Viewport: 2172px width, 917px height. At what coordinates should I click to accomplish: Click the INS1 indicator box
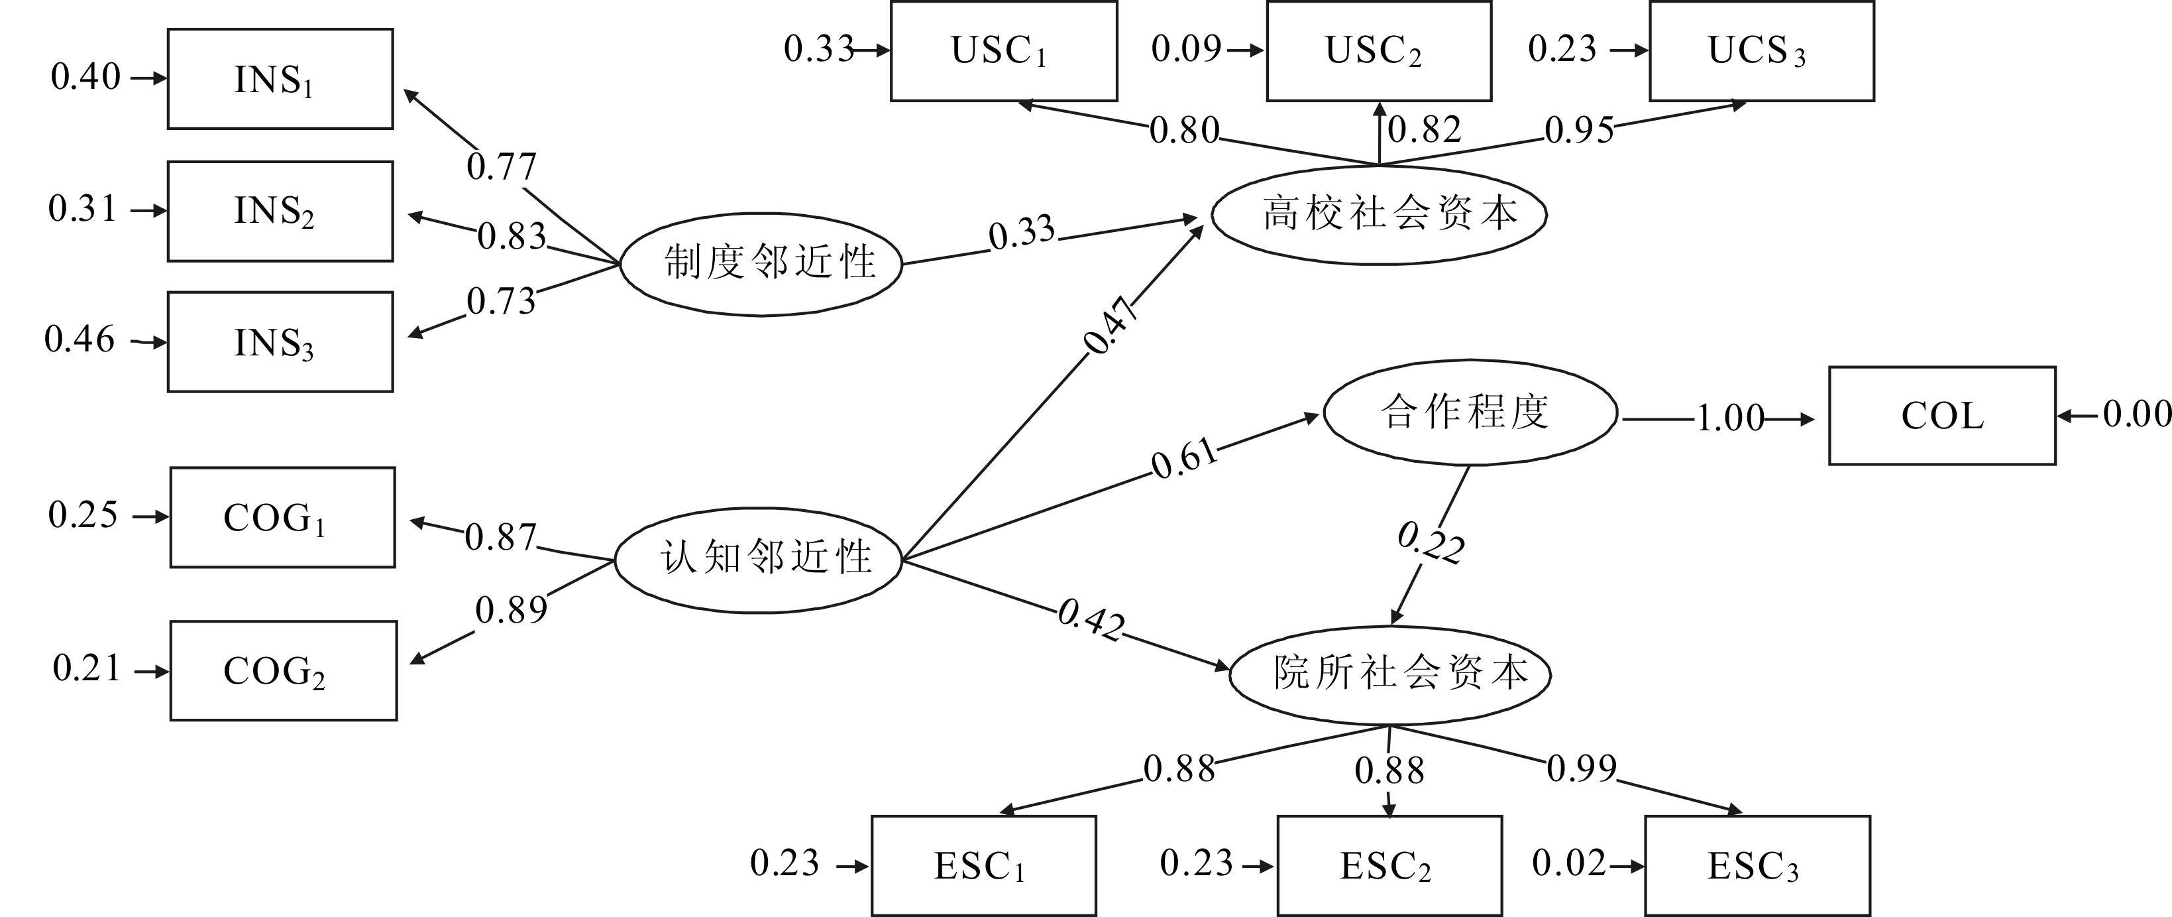pyautogui.click(x=280, y=80)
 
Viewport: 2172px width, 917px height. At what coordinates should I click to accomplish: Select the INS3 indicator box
pyautogui.click(x=280, y=341)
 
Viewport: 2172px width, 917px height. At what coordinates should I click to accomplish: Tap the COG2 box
pyautogui.click(x=284, y=670)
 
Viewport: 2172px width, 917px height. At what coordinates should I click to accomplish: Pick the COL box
pyautogui.click(x=1942, y=416)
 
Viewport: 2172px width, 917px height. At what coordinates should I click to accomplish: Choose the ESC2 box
pyautogui.click(x=1389, y=865)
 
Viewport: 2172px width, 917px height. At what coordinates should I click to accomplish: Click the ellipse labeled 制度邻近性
pyautogui.click(x=761, y=263)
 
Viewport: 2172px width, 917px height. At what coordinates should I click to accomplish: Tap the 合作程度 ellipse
pyautogui.click(x=1470, y=412)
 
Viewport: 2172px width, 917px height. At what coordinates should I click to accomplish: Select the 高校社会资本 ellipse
pyautogui.click(x=1379, y=214)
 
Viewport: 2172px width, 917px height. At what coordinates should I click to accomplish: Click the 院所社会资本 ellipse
pyautogui.click(x=1389, y=674)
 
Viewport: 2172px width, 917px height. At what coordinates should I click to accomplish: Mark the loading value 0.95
pyautogui.click(x=1578, y=130)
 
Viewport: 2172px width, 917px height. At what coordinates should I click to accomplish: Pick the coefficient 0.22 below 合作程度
pyautogui.click(x=1431, y=542)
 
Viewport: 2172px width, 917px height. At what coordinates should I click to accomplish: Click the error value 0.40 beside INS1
pyautogui.click(x=85, y=77)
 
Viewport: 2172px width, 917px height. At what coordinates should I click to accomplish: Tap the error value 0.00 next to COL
pyautogui.click(x=2136, y=414)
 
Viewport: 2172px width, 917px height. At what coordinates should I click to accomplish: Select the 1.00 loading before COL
pyautogui.click(x=1729, y=418)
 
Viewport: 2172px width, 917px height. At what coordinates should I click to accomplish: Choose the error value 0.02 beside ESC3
pyautogui.click(x=1568, y=863)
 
